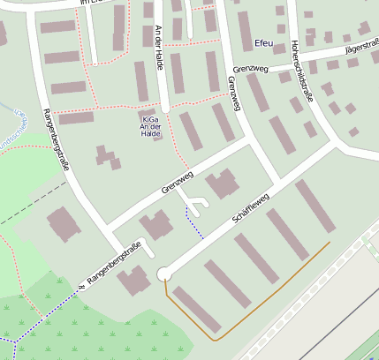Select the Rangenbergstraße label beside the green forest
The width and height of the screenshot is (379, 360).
click(110, 263)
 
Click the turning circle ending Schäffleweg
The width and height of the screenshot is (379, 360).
click(163, 275)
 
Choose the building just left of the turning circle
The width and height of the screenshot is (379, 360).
click(135, 281)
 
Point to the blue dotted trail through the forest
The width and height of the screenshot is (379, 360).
click(44, 313)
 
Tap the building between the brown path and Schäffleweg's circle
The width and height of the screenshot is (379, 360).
click(196, 309)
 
